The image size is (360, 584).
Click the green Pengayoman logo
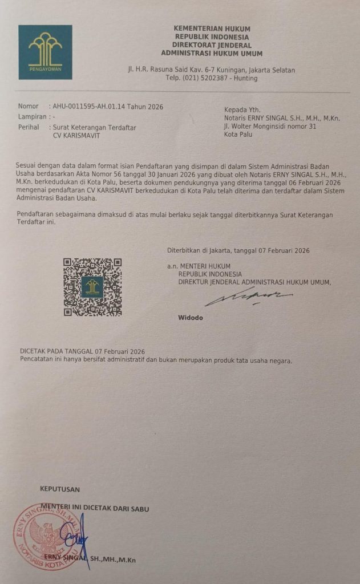point(45,52)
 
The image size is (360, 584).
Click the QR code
point(92,287)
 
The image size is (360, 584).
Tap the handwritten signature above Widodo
point(249,297)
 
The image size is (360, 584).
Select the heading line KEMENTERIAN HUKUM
point(212,29)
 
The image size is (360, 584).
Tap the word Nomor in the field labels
point(29,106)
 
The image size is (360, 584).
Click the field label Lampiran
point(32,116)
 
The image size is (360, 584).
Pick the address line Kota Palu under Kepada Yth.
point(238,135)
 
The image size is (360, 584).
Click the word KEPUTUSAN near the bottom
point(60,489)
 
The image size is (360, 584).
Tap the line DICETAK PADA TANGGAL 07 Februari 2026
point(83,352)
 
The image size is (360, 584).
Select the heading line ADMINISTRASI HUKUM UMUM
point(212,54)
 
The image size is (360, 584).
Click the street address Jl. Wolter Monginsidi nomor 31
point(270,127)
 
